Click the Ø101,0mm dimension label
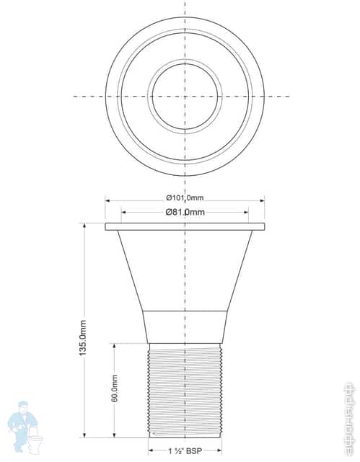[x=185, y=198]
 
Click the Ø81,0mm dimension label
[x=185, y=212]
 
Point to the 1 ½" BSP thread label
[x=184, y=452]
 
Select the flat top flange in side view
[x=185, y=226]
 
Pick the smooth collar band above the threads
[x=185, y=326]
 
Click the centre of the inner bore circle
[x=185, y=96]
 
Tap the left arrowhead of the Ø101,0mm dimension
[x=108, y=199]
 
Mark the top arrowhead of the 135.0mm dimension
[x=84, y=226]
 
